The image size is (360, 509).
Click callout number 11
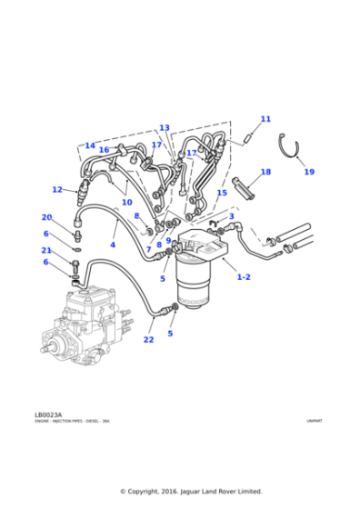click(x=265, y=119)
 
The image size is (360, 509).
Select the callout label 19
click(x=308, y=172)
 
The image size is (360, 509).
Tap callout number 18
click(x=265, y=172)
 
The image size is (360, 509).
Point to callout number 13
click(x=165, y=128)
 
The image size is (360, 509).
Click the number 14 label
click(x=90, y=145)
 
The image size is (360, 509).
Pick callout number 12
click(x=57, y=190)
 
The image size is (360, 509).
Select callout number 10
click(x=127, y=202)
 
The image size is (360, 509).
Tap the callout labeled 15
click(x=222, y=193)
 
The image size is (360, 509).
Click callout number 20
click(x=46, y=217)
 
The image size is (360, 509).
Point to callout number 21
click(x=46, y=250)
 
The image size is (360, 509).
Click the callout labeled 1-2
click(x=244, y=276)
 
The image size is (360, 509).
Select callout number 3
click(x=231, y=216)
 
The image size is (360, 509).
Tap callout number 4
click(x=113, y=245)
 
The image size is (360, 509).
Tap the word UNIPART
click(x=314, y=422)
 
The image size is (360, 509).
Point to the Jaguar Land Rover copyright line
click(x=191, y=491)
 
